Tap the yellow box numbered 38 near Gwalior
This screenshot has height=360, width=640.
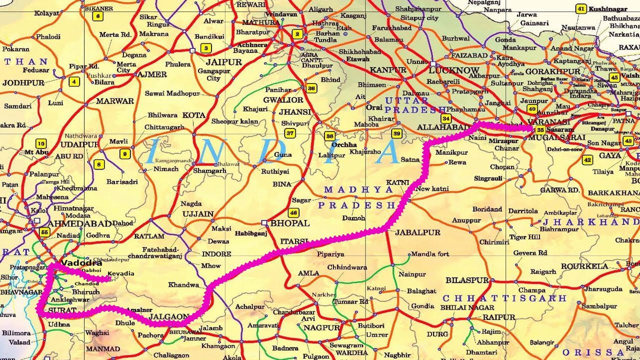tap(311, 88)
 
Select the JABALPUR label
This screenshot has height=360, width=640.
tap(417, 232)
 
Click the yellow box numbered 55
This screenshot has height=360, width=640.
tap(45, 232)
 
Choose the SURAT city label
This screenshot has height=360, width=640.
tap(62, 310)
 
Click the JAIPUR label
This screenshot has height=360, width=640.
tap(223, 62)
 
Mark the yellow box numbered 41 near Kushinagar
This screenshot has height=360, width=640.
tap(581, 9)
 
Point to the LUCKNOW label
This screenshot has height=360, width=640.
tap(454, 70)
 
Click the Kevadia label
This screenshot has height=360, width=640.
tap(120, 273)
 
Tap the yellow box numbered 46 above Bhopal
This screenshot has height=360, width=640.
tap(293, 211)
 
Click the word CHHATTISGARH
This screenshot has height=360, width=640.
tap(504, 298)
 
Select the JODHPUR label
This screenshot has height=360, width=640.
tap(23, 83)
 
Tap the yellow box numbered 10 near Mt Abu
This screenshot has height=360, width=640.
tap(41, 143)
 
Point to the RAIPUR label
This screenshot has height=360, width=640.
tap(498, 317)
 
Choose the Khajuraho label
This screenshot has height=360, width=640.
tap(365, 152)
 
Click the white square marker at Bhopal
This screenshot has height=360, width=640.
tap(265, 223)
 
